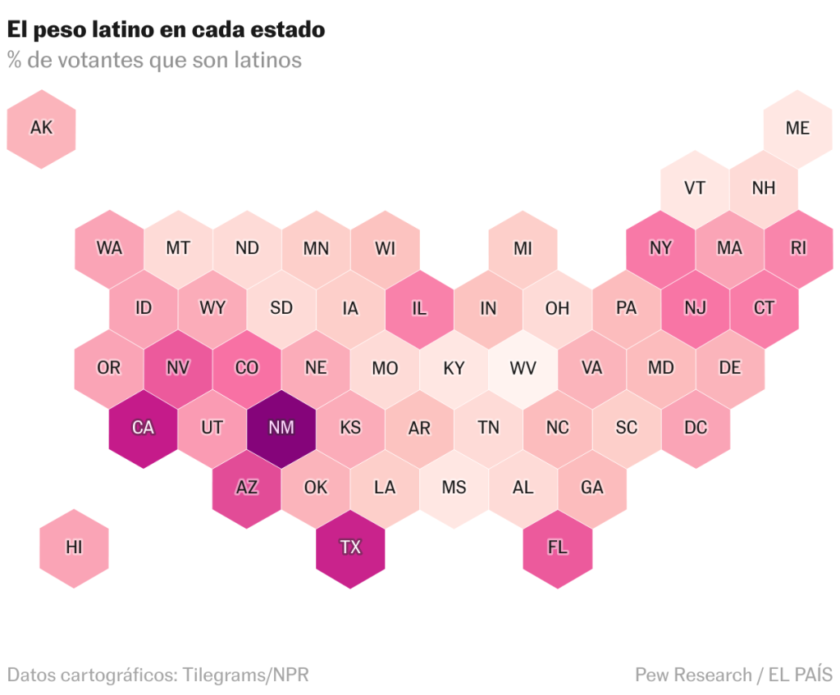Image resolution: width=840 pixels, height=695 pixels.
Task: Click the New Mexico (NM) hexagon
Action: [x=281, y=428]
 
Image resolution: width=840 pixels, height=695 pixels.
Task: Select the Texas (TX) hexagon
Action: [x=350, y=547]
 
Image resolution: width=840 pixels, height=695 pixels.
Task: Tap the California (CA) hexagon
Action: [x=144, y=428]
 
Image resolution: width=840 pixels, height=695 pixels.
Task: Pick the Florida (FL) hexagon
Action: [x=557, y=547]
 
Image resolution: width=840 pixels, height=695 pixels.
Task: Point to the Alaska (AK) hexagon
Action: [x=41, y=129]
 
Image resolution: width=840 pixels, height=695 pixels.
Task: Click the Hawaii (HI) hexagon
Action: [x=74, y=547]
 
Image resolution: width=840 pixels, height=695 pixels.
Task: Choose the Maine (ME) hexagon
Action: [x=797, y=129]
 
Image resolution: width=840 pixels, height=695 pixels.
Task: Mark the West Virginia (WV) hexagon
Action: [x=523, y=368]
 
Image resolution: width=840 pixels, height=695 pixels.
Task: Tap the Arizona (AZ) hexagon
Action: [x=247, y=488]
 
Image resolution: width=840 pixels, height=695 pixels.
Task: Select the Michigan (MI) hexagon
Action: [x=523, y=248]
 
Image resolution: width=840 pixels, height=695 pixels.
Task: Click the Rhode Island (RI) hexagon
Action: [x=798, y=248]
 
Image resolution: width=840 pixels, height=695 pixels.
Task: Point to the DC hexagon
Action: [x=696, y=428]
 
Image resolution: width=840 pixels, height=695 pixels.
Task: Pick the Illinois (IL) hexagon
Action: [x=419, y=308]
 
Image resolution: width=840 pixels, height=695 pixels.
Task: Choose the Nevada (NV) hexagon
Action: [x=178, y=368]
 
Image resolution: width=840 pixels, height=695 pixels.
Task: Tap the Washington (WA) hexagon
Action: [x=109, y=248]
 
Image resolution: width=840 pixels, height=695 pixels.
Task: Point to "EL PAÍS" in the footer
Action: [x=800, y=675]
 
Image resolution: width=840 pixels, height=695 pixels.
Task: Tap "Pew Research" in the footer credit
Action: [x=693, y=675]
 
